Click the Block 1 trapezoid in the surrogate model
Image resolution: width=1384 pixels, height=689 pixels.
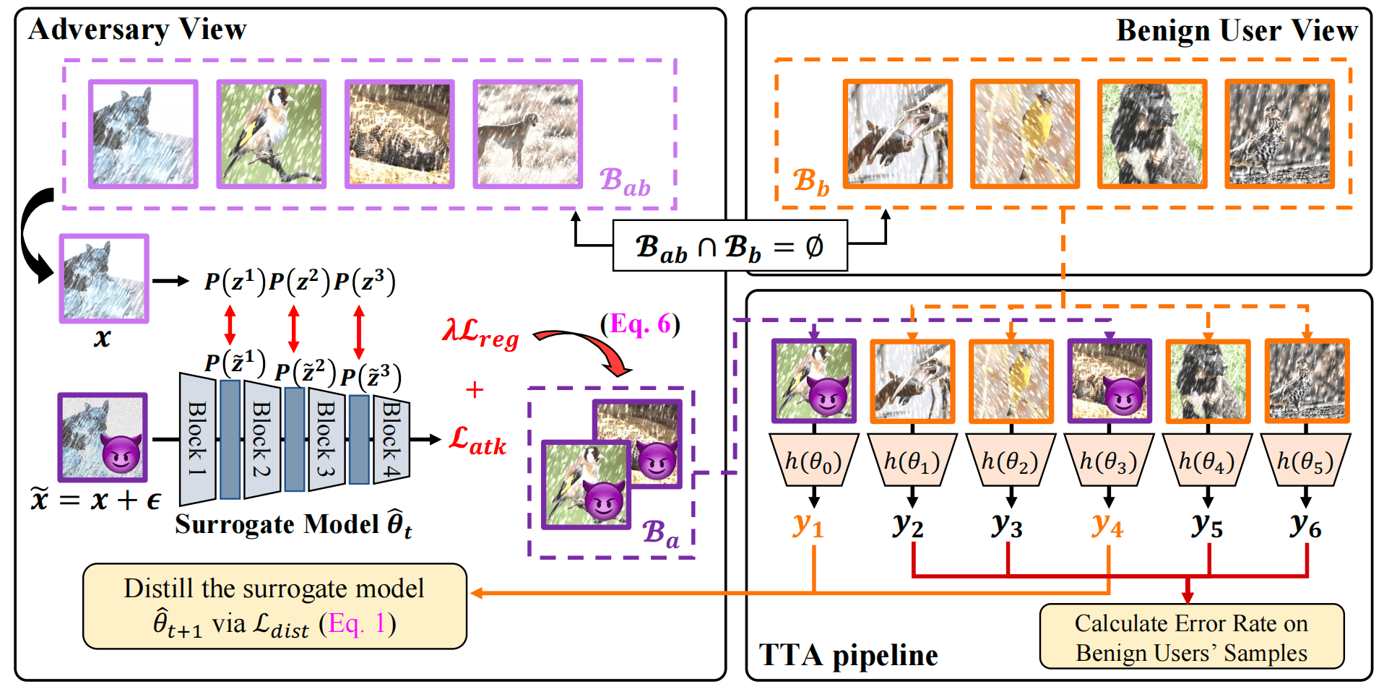197,439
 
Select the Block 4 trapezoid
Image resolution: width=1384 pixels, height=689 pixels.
392,439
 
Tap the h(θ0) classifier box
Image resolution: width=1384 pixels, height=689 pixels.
814,461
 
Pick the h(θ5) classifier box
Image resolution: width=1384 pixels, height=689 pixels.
1305,461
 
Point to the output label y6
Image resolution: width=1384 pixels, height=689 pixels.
1306,525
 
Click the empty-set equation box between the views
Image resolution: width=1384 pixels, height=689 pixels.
730,246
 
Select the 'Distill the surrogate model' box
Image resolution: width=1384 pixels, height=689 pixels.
274,606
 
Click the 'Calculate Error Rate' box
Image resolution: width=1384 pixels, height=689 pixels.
1191,637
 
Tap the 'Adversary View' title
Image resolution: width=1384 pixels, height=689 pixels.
137,30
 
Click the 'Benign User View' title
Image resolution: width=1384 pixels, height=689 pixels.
1237,31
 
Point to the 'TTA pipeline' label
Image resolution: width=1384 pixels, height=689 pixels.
848,655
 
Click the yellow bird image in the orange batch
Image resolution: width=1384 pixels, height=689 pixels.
1025,134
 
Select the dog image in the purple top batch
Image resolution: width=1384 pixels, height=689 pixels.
527,134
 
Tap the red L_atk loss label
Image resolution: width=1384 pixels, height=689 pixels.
477,440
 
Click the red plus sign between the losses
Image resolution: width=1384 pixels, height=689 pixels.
475,390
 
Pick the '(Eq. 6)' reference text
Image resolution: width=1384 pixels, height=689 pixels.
640,324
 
